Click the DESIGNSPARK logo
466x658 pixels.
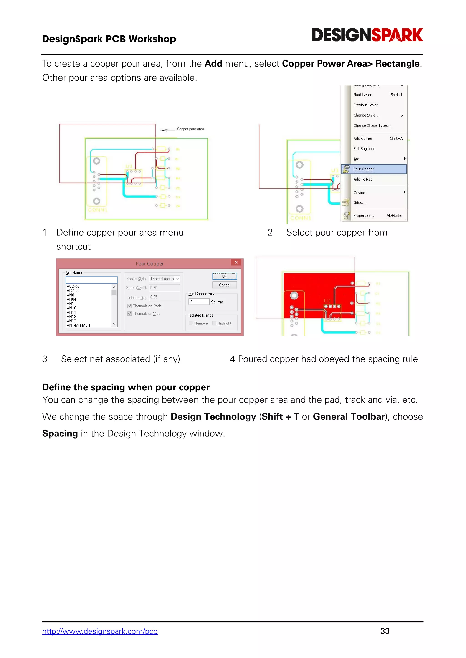click(x=367, y=35)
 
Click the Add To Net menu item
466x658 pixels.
click(x=362, y=179)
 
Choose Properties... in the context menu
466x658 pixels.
click(x=364, y=216)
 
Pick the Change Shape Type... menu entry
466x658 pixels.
click(x=372, y=125)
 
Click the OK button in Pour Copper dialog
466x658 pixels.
click(x=224, y=276)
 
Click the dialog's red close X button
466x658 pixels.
click(x=236, y=262)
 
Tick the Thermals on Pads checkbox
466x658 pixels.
click(x=130, y=306)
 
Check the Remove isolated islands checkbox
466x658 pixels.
click(x=191, y=323)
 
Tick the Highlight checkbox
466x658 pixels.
click(x=214, y=323)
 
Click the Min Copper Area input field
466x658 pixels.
click(x=199, y=302)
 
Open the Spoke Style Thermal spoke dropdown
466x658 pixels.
click(x=165, y=279)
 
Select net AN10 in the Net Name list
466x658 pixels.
click(x=71, y=308)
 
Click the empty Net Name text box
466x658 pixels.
click(x=91, y=280)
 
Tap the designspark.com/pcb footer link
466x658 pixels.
click(x=100, y=631)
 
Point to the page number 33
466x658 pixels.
click(x=385, y=631)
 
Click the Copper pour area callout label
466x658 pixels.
click(x=190, y=129)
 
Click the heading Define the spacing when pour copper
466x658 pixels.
click(x=126, y=387)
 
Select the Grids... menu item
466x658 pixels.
click(x=359, y=203)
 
